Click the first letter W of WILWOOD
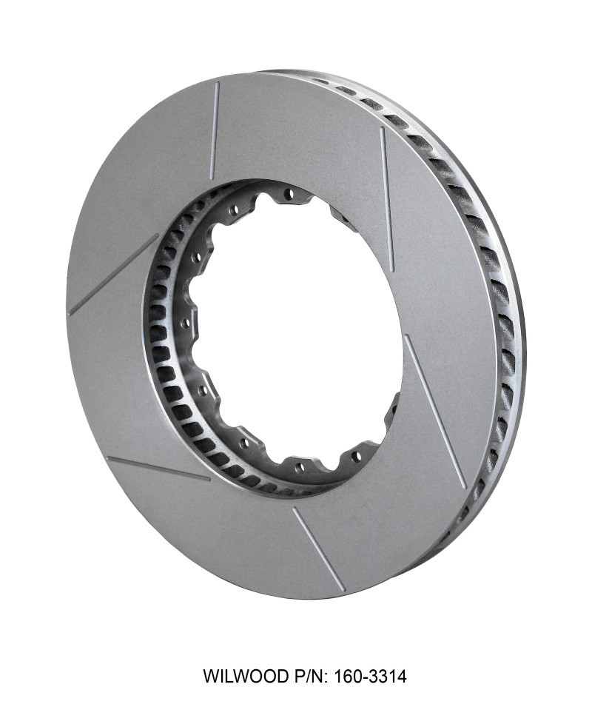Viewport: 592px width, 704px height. tap(210, 676)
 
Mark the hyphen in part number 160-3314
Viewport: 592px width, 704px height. tap(363, 676)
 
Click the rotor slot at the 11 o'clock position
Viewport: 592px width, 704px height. tap(215, 130)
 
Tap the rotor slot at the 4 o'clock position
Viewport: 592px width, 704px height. tap(434, 410)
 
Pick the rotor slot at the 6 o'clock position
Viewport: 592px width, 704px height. tap(318, 549)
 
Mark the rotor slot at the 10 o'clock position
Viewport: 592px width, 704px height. tap(113, 275)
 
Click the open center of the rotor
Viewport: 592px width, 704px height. tap(296, 326)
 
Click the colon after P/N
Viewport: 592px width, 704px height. tap(327, 677)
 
